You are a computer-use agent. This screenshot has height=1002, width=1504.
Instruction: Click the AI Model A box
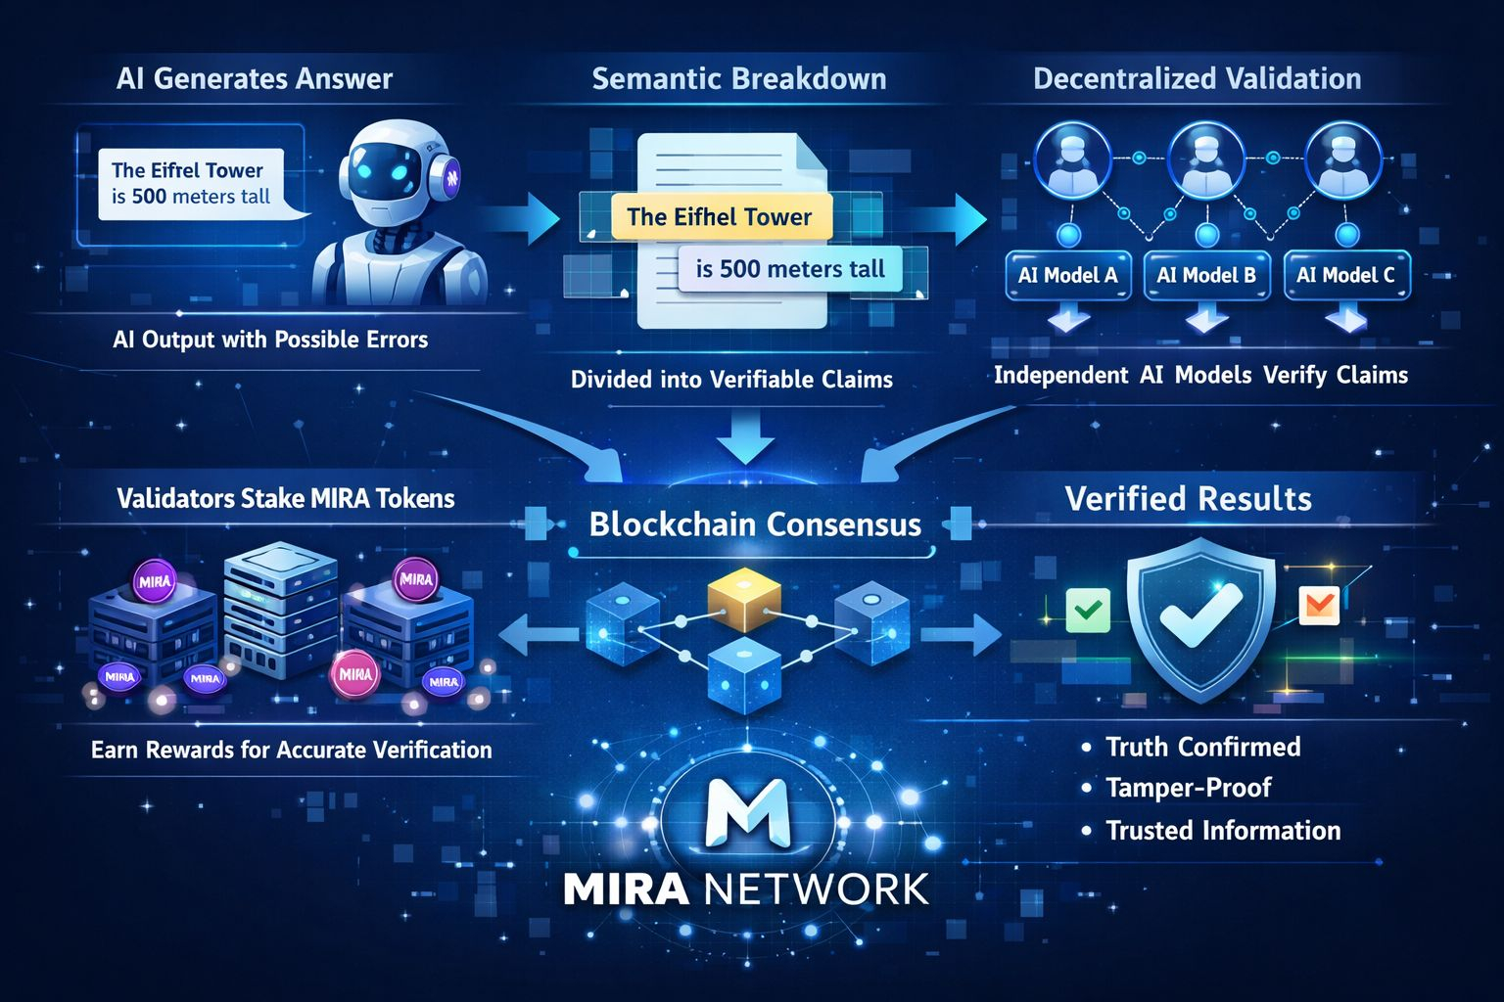(1067, 275)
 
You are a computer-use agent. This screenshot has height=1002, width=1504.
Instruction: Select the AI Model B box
(1206, 275)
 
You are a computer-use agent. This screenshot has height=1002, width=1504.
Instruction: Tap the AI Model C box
(1345, 275)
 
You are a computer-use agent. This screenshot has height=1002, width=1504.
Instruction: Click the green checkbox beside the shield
(1088, 610)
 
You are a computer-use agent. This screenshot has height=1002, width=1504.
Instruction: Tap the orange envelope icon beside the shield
(1318, 606)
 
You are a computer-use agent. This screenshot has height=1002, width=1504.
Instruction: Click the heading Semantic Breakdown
(739, 78)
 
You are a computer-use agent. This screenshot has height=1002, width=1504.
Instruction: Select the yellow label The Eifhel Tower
(720, 217)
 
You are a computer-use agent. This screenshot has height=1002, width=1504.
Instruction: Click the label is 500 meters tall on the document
(790, 269)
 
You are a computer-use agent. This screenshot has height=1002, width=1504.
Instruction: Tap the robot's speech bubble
(191, 184)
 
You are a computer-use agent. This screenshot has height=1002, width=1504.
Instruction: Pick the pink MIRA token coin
(354, 674)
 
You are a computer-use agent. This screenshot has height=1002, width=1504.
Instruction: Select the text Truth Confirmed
(1202, 747)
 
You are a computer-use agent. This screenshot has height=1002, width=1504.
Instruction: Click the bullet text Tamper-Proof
(1188, 788)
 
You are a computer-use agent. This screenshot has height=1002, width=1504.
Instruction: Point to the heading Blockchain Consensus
(755, 524)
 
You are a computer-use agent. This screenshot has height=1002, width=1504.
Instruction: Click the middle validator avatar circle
(1206, 159)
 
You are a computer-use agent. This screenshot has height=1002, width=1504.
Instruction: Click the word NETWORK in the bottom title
(816, 889)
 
